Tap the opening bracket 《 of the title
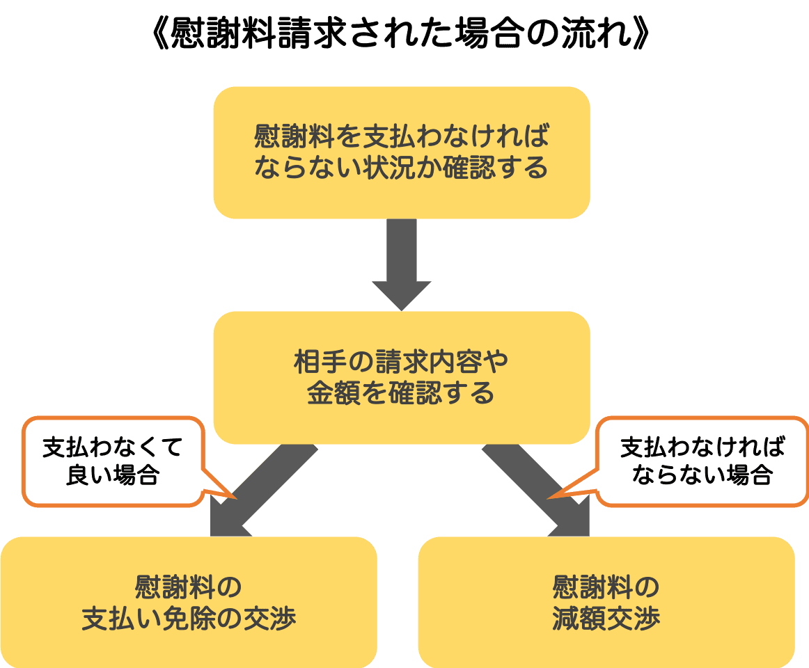[x=161, y=33]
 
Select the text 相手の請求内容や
[x=401, y=362]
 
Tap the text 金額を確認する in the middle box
[x=401, y=393]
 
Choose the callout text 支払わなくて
[x=113, y=447]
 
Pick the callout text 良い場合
[x=113, y=475]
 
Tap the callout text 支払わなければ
[x=702, y=447]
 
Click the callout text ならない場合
[x=702, y=475]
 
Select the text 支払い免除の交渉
[x=189, y=619]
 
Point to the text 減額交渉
[x=606, y=619]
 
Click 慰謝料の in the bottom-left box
[x=189, y=587]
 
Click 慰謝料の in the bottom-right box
[x=606, y=587]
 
